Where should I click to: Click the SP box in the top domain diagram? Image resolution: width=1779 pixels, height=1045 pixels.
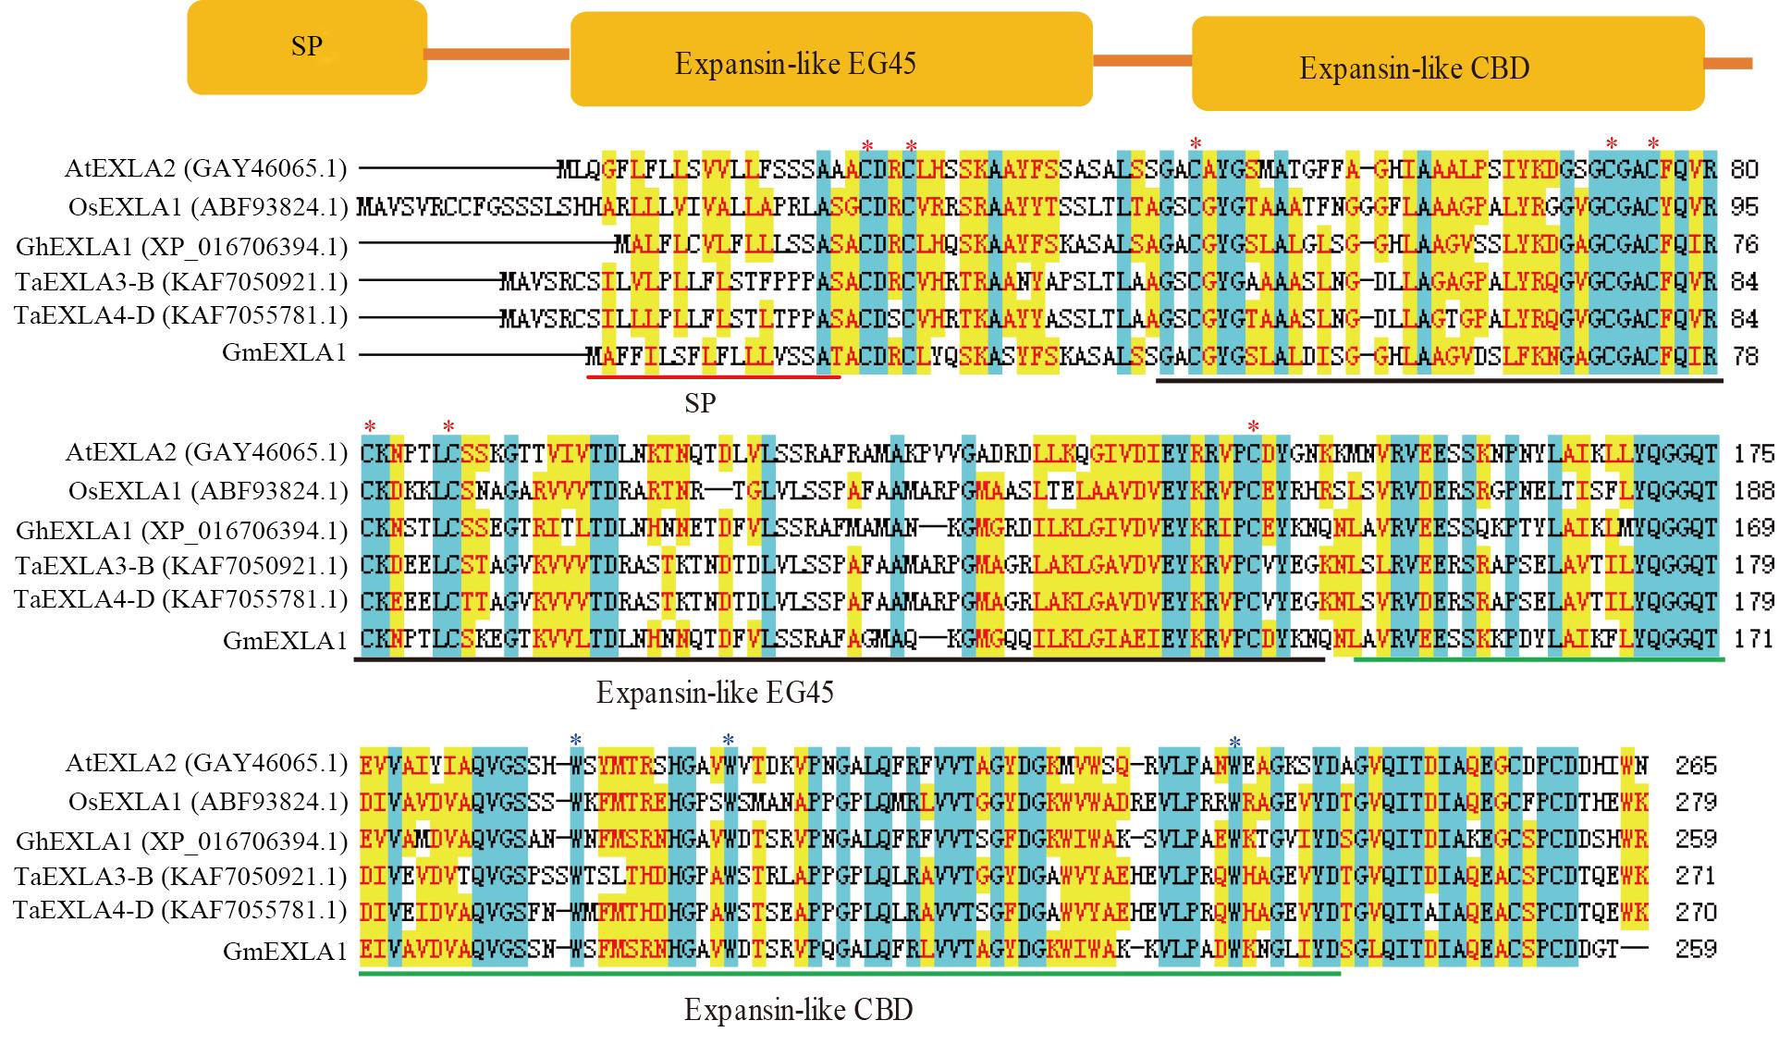coord(307,46)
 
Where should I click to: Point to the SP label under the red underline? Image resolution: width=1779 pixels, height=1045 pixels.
coord(700,403)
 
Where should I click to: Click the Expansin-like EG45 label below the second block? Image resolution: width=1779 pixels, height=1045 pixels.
coord(715,693)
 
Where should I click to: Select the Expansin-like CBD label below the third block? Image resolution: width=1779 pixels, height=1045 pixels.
coord(798,1010)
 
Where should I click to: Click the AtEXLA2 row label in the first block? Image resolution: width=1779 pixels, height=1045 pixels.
coord(205,168)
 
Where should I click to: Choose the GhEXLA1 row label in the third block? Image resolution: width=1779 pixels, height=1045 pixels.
coord(181,840)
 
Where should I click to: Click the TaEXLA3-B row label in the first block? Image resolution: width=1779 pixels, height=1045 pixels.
coord(181,280)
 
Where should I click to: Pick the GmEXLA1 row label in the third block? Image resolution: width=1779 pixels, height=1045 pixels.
coord(285,950)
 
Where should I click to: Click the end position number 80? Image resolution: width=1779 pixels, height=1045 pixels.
coord(1744,169)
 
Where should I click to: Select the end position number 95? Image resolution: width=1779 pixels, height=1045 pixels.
coord(1744,206)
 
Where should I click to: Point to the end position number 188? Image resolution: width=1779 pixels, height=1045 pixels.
coord(1753,491)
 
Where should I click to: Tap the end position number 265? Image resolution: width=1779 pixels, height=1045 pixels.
coord(1696,766)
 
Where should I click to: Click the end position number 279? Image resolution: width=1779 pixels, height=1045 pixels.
coord(1696,802)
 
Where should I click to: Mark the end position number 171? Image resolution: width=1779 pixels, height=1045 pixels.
coord(1753,638)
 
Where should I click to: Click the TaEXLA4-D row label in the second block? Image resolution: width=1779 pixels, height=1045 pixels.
coord(181,600)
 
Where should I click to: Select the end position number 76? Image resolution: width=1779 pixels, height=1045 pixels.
coord(1744,244)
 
